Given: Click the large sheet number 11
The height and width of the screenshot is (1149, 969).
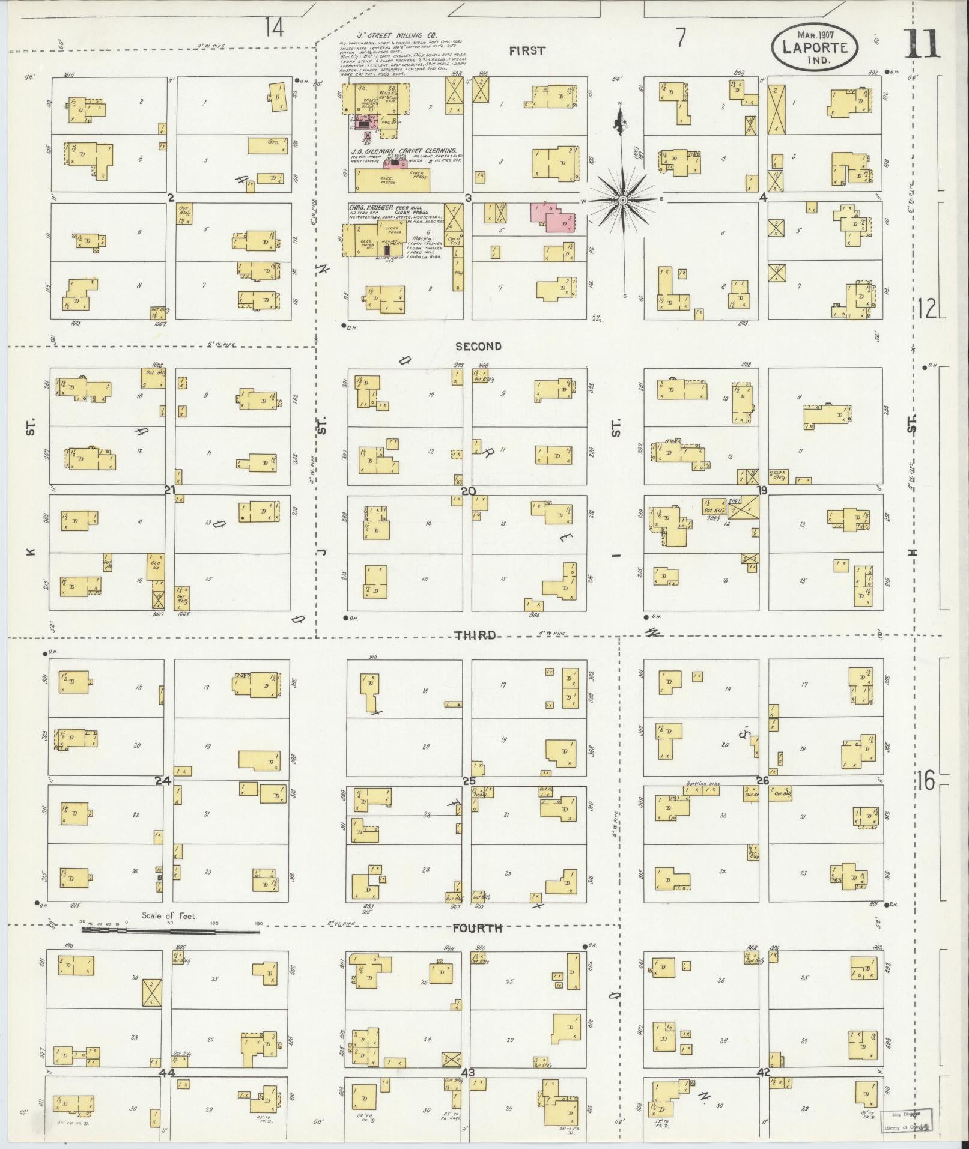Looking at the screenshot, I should coord(922,44).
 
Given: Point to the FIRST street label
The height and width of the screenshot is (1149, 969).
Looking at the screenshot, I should coord(527,51).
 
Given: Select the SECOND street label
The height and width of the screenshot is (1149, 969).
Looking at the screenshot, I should coord(478,346).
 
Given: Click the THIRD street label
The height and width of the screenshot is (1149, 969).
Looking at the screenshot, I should coord(475,635).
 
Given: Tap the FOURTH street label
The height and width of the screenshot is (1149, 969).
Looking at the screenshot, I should coord(477,928).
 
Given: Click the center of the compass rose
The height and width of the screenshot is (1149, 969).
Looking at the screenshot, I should coord(623,199).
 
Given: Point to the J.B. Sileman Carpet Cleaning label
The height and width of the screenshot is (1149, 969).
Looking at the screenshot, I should coord(404,151).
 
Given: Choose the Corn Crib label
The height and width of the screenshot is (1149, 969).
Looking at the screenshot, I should coord(455,241).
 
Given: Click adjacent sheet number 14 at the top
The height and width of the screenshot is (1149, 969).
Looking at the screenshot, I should coord(275,26).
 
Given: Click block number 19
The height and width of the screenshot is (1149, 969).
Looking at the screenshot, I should coord(762,491).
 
